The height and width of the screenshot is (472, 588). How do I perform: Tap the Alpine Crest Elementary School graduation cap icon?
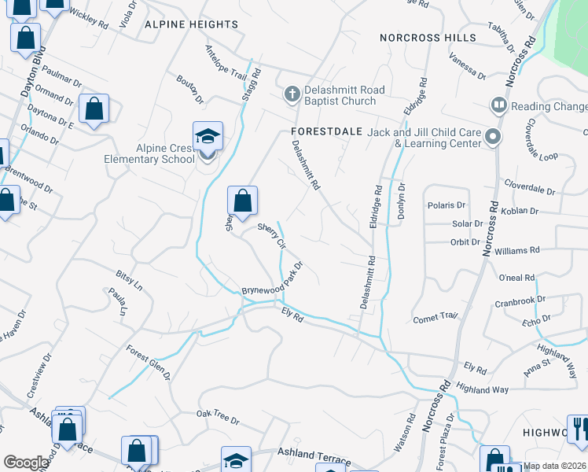click(208, 136)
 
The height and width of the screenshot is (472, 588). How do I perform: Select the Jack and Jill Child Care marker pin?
click(493, 138)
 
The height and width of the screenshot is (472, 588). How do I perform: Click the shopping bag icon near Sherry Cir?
click(243, 201)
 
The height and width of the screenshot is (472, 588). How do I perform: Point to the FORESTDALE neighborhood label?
click(325, 131)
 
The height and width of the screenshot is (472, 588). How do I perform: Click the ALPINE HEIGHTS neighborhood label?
click(191, 24)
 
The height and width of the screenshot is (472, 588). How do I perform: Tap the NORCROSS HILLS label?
click(428, 38)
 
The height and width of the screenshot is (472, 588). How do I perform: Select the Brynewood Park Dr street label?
click(272, 280)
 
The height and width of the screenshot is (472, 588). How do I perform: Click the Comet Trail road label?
click(435, 318)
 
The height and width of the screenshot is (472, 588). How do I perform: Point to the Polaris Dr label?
click(447, 205)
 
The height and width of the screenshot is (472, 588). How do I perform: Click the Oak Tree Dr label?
click(218, 418)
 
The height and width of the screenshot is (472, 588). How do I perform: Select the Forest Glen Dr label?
click(149, 361)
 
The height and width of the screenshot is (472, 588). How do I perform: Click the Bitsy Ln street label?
click(129, 278)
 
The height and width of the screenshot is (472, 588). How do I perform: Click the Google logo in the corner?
click(26, 463)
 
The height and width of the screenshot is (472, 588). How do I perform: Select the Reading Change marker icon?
click(498, 105)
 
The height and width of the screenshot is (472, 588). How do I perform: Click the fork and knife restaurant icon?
click(579, 428)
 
